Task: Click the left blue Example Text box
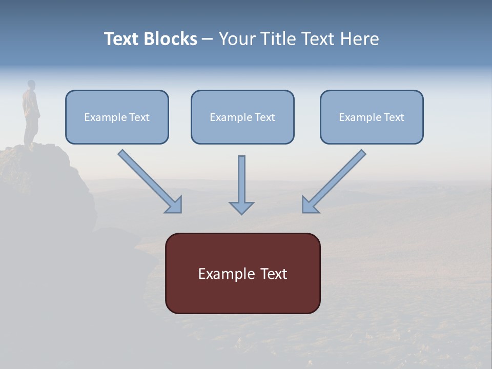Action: pyautogui.click(x=117, y=117)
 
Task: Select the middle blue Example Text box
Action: pyautogui.click(x=242, y=117)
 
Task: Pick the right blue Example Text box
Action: pyautogui.click(x=372, y=117)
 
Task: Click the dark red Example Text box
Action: pyautogui.click(x=242, y=273)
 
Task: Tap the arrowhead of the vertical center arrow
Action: pyautogui.click(x=241, y=208)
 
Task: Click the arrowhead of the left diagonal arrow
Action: pyautogui.click(x=174, y=205)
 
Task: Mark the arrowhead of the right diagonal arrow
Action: pyautogui.click(x=310, y=205)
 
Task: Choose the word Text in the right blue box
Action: pyautogui.click(x=394, y=117)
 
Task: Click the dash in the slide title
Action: pyautogui.click(x=208, y=39)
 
